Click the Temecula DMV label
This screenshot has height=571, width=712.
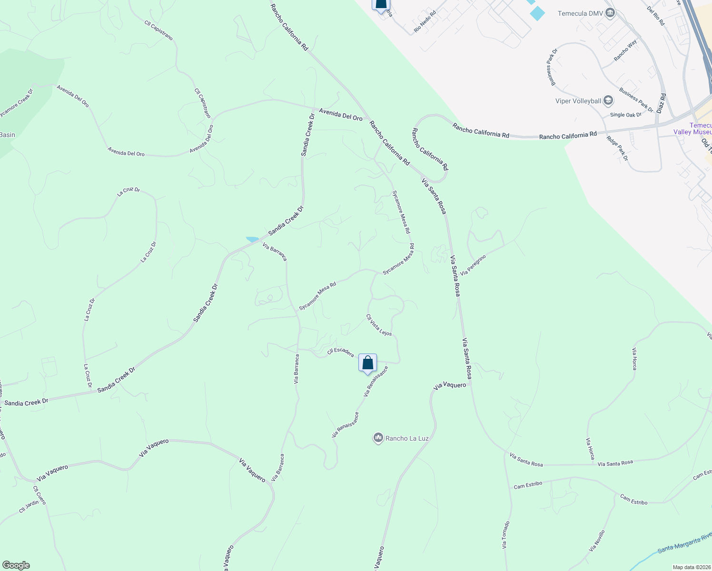point(579,13)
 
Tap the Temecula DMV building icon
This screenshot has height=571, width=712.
point(610,13)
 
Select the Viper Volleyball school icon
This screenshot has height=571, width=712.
point(608,100)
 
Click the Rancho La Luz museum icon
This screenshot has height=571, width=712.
point(378,438)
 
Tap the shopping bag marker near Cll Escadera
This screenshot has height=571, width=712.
point(367,363)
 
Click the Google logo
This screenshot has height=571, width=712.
point(16,565)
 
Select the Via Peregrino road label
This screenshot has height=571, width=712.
point(473,265)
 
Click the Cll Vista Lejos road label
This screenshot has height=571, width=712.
point(379,325)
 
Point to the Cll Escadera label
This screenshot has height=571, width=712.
point(340,352)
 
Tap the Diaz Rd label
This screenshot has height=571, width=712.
point(661,103)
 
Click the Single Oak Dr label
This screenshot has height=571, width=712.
point(625,115)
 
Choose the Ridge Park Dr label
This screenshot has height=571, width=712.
point(617,148)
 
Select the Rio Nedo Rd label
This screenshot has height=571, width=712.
point(425,22)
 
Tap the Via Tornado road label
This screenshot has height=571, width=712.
point(505,535)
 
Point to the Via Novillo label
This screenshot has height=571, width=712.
point(597,541)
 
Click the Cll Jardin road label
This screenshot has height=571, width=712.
point(29,507)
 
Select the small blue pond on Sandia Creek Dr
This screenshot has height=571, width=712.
point(252,239)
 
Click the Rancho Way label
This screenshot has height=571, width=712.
point(625,50)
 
